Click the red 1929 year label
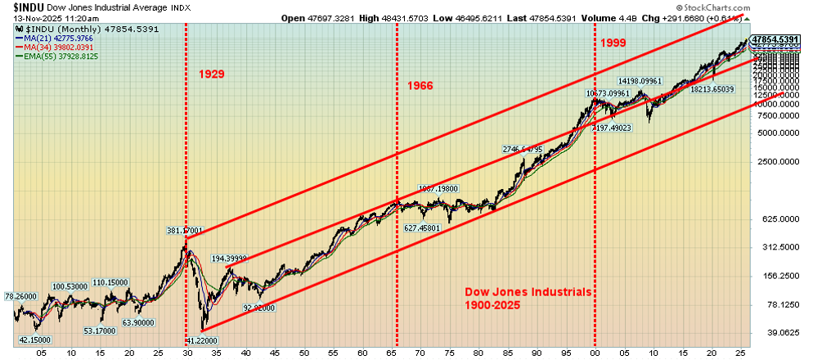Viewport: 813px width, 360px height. tap(211, 74)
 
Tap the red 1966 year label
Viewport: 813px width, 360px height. tap(420, 86)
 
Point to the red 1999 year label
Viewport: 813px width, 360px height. tap(613, 43)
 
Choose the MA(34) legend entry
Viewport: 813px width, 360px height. tap(60, 47)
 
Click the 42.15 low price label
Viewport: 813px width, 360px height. tap(34, 340)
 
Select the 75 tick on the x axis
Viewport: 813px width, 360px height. tap(448, 353)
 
